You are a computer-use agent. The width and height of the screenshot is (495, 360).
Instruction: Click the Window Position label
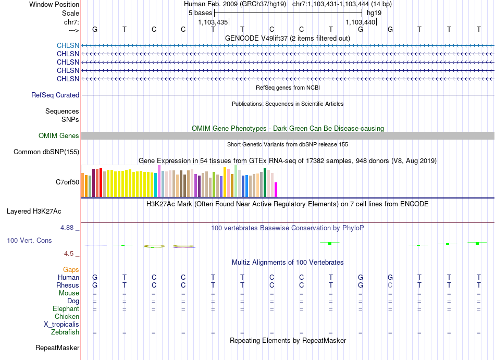[54, 4]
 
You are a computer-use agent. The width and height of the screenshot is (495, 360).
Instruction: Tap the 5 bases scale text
[200, 13]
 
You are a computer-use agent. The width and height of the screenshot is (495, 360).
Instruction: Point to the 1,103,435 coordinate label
[213, 22]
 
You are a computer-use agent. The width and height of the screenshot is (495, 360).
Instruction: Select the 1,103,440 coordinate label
[360, 22]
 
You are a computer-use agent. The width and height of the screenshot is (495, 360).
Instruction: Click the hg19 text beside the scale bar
[374, 13]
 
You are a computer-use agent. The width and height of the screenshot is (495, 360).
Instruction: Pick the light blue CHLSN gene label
[68, 45]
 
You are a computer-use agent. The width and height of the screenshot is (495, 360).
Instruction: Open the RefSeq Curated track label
[55, 95]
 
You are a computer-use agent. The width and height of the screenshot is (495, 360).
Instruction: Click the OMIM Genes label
[59, 135]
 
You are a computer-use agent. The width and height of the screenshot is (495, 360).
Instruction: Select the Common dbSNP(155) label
[46, 152]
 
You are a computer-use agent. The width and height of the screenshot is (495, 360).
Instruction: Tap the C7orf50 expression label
[68, 182]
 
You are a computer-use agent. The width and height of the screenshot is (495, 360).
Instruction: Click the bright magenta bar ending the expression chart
[276, 190]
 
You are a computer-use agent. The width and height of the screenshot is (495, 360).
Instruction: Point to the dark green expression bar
[265, 182]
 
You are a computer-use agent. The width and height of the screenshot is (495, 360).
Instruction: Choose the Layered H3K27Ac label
[34, 212]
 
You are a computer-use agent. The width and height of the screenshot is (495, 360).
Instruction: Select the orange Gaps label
[71, 269]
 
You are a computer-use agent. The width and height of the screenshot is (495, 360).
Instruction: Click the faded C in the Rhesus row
[390, 285]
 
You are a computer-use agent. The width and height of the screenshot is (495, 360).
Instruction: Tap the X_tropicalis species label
[61, 325]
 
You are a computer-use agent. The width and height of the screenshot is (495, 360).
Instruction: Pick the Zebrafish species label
[65, 332]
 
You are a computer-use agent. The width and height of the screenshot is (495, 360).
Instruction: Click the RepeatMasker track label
[57, 347]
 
